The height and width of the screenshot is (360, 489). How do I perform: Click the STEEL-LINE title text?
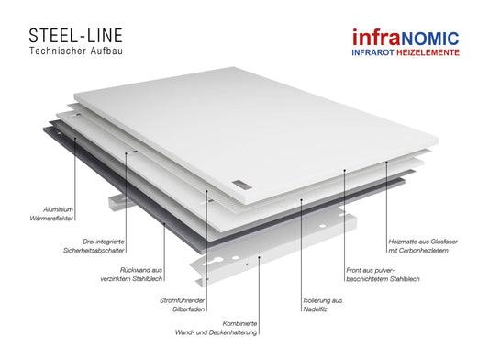(75, 36)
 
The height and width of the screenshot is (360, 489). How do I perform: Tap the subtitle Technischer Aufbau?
(76, 51)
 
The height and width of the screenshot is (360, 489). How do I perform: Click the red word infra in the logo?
(376, 37)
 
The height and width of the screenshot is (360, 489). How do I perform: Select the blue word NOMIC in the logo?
(430, 39)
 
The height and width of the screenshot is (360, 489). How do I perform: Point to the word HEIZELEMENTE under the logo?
(428, 52)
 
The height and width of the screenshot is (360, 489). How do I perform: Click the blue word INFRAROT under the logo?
(373, 52)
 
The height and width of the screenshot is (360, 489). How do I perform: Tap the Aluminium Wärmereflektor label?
(51, 214)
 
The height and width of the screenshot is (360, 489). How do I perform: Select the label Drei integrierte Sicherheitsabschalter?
(94, 246)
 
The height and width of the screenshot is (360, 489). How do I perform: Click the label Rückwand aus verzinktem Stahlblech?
(131, 275)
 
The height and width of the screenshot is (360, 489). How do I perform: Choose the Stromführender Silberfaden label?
(183, 305)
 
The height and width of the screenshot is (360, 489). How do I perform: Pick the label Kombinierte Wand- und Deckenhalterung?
(217, 328)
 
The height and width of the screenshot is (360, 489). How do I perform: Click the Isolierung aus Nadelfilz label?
(322, 305)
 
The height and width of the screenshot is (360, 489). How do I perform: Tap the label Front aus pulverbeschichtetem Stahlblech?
(383, 275)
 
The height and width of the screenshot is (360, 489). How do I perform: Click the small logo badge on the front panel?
(241, 185)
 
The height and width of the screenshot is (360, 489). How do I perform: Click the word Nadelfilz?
(315, 309)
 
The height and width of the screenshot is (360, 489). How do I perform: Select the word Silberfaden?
(189, 309)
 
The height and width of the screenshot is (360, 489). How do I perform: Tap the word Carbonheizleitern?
(424, 250)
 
